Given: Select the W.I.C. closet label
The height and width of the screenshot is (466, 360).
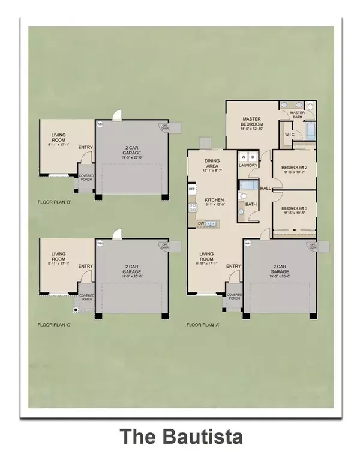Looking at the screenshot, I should pyautogui.click(x=289, y=135).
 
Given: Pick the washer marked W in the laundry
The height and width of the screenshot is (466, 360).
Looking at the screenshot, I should pyautogui.click(x=243, y=155).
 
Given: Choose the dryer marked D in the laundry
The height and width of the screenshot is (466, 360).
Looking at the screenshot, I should pyautogui.click(x=252, y=155).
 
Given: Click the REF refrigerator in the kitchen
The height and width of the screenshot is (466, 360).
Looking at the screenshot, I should pyautogui.click(x=192, y=189).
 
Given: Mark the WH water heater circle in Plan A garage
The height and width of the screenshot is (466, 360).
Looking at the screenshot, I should pyautogui.click(x=247, y=243).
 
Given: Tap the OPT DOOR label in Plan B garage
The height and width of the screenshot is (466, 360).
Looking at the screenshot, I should pyautogui.click(x=163, y=127).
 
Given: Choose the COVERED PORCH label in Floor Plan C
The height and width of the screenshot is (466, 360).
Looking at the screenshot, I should pyautogui.click(x=86, y=298).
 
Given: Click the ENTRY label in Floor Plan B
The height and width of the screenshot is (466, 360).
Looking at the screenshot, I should pyautogui.click(x=85, y=147).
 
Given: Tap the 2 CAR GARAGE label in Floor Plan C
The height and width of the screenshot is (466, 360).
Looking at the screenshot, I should pyautogui.click(x=131, y=268).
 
